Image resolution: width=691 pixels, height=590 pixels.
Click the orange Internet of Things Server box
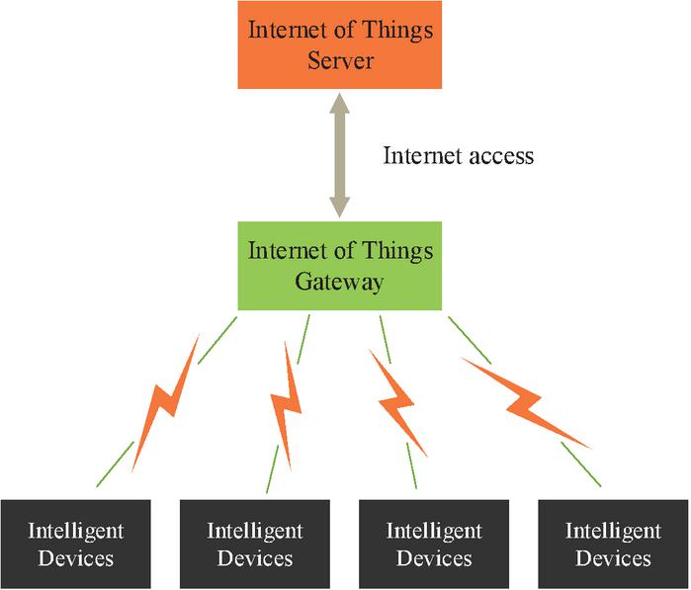click(x=340, y=44)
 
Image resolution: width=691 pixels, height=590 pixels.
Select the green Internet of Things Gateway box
click(x=340, y=265)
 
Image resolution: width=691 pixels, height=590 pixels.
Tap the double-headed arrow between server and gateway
click(x=340, y=155)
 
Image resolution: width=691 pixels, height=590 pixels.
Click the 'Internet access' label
click(x=458, y=155)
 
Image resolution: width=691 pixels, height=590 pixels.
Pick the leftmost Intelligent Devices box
click(x=76, y=545)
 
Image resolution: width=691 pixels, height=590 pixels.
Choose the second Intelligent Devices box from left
click(x=255, y=545)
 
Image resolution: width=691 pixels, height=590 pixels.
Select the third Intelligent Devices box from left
click(x=434, y=545)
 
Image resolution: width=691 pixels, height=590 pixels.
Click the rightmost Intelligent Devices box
click(x=613, y=545)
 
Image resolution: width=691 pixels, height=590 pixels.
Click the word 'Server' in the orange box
click(x=340, y=60)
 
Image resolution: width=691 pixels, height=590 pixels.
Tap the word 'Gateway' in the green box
click(x=340, y=282)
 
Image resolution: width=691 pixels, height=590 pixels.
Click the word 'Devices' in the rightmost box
click(x=613, y=558)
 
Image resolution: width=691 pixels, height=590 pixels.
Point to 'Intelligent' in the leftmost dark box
click(x=76, y=531)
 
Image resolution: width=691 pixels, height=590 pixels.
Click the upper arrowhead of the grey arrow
click(x=340, y=104)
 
